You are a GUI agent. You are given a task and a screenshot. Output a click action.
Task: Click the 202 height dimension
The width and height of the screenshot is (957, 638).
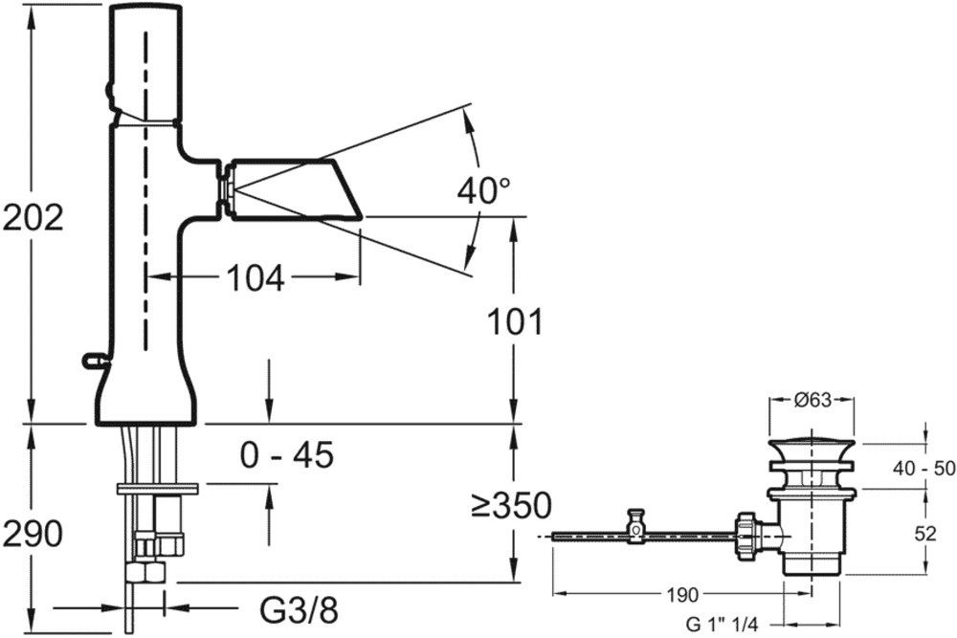(33, 219)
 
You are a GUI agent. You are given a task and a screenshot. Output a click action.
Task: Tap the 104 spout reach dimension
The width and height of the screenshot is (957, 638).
(256, 278)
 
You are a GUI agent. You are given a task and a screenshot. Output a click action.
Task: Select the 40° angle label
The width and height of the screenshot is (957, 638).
(482, 191)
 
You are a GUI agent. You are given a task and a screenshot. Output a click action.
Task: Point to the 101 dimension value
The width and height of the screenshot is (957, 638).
(514, 321)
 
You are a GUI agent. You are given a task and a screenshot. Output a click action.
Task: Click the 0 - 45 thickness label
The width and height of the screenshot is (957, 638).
(287, 455)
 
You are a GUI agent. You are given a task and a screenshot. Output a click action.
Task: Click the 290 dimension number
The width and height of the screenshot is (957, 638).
(33, 533)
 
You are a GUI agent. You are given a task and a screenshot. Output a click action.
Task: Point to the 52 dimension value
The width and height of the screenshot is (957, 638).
(925, 535)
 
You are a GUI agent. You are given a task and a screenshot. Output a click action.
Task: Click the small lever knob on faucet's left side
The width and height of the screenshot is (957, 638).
(94, 361)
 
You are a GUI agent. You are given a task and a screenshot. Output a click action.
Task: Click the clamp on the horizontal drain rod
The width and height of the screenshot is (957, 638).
(634, 525)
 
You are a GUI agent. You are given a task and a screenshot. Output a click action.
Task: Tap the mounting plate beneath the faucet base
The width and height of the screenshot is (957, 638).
(157, 489)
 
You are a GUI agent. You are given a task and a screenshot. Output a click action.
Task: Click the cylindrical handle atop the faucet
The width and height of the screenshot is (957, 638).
(145, 62)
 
